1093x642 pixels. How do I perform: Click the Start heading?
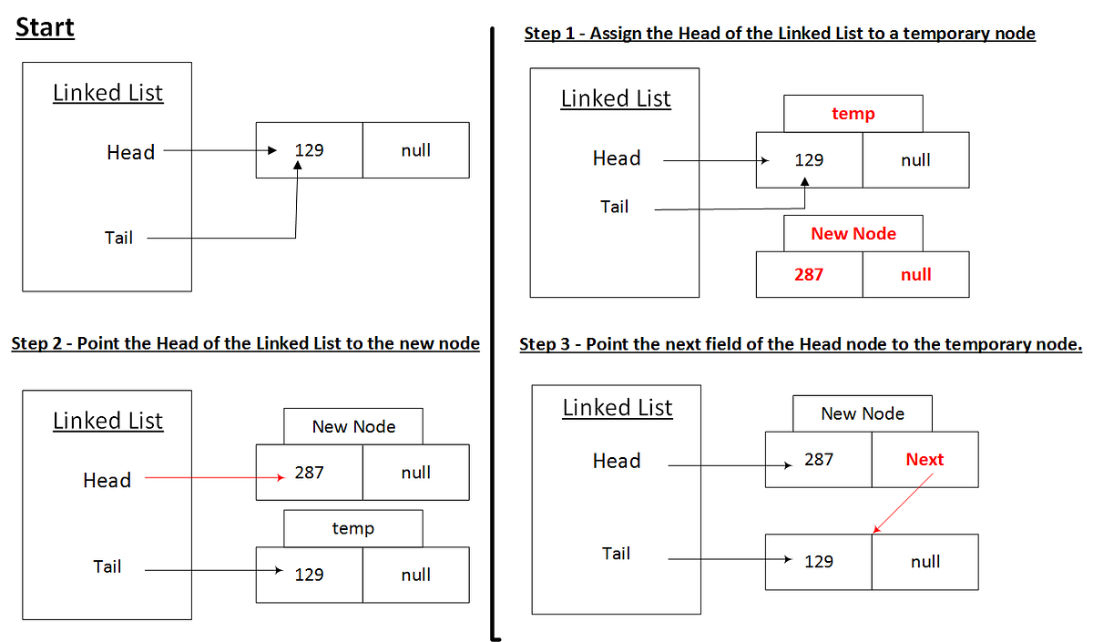pyautogui.click(x=45, y=27)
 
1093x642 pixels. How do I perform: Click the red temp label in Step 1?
pyautogui.click(x=853, y=114)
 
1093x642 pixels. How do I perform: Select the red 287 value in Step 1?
pyautogui.click(x=809, y=274)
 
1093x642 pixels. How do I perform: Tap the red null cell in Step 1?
pyautogui.click(x=915, y=274)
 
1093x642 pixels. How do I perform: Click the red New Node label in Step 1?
pyautogui.click(x=853, y=234)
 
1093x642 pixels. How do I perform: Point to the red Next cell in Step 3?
pyautogui.click(x=924, y=460)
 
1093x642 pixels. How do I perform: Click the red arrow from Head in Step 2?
pyautogui.click(x=209, y=476)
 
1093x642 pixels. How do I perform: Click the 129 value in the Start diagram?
pyautogui.click(x=309, y=150)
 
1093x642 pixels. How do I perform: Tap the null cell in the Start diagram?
pyautogui.click(x=415, y=150)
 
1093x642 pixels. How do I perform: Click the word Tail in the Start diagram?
pyautogui.click(x=118, y=239)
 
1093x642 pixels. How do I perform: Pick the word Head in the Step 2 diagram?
pyautogui.click(x=107, y=480)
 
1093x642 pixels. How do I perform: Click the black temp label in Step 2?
pyautogui.click(x=352, y=528)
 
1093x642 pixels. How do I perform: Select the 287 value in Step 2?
pyautogui.click(x=309, y=473)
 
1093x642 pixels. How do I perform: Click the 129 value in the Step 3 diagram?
pyautogui.click(x=818, y=562)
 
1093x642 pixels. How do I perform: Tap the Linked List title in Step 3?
pyautogui.click(x=617, y=408)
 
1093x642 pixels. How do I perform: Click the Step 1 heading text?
pyautogui.click(x=780, y=34)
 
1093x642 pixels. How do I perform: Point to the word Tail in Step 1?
pyautogui.click(x=614, y=207)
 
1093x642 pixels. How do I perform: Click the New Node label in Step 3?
pyautogui.click(x=862, y=413)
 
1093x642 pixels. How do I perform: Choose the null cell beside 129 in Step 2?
pyautogui.click(x=415, y=575)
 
